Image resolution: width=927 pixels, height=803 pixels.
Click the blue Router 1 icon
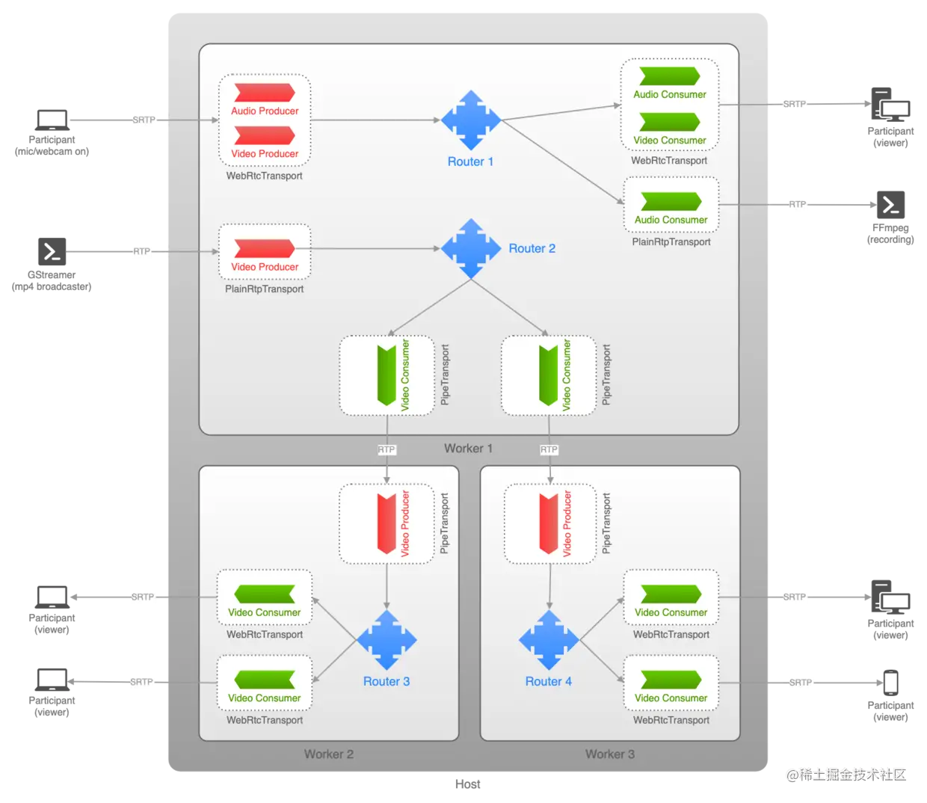[471, 120]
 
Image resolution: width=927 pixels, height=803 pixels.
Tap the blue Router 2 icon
[471, 249]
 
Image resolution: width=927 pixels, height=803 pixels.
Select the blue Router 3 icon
[386, 640]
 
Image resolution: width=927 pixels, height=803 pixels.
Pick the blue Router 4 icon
[549, 640]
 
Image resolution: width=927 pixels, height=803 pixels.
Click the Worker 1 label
[468, 449]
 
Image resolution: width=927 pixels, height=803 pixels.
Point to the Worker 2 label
[329, 754]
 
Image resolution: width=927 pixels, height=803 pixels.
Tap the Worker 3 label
[610, 754]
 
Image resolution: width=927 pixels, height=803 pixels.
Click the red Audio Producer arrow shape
[265, 93]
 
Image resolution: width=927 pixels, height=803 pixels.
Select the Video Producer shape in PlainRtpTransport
[265, 249]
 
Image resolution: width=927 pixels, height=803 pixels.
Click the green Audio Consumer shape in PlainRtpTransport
[671, 202]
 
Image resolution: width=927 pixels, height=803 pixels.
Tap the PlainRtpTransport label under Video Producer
[265, 289]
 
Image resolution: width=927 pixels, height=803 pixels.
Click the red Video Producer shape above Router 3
[386, 523]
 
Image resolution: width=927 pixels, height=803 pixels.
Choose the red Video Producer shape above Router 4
[549, 523]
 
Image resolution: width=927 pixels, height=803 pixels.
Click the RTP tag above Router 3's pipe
[386, 449]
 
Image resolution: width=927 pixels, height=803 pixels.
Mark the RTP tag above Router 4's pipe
[549, 449]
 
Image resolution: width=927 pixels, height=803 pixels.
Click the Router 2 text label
[532, 249]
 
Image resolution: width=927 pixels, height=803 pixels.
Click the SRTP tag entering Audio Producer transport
[144, 120]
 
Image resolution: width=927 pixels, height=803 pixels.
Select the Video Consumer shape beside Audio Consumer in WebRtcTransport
[670, 122]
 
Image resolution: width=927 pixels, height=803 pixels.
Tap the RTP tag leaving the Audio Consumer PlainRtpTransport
[798, 205]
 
